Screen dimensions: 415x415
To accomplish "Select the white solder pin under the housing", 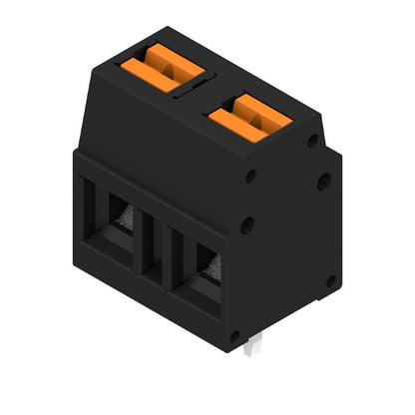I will click(255, 344).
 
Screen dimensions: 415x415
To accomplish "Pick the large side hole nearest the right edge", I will click(324, 182).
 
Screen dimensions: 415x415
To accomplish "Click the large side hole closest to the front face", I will click(246, 225).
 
